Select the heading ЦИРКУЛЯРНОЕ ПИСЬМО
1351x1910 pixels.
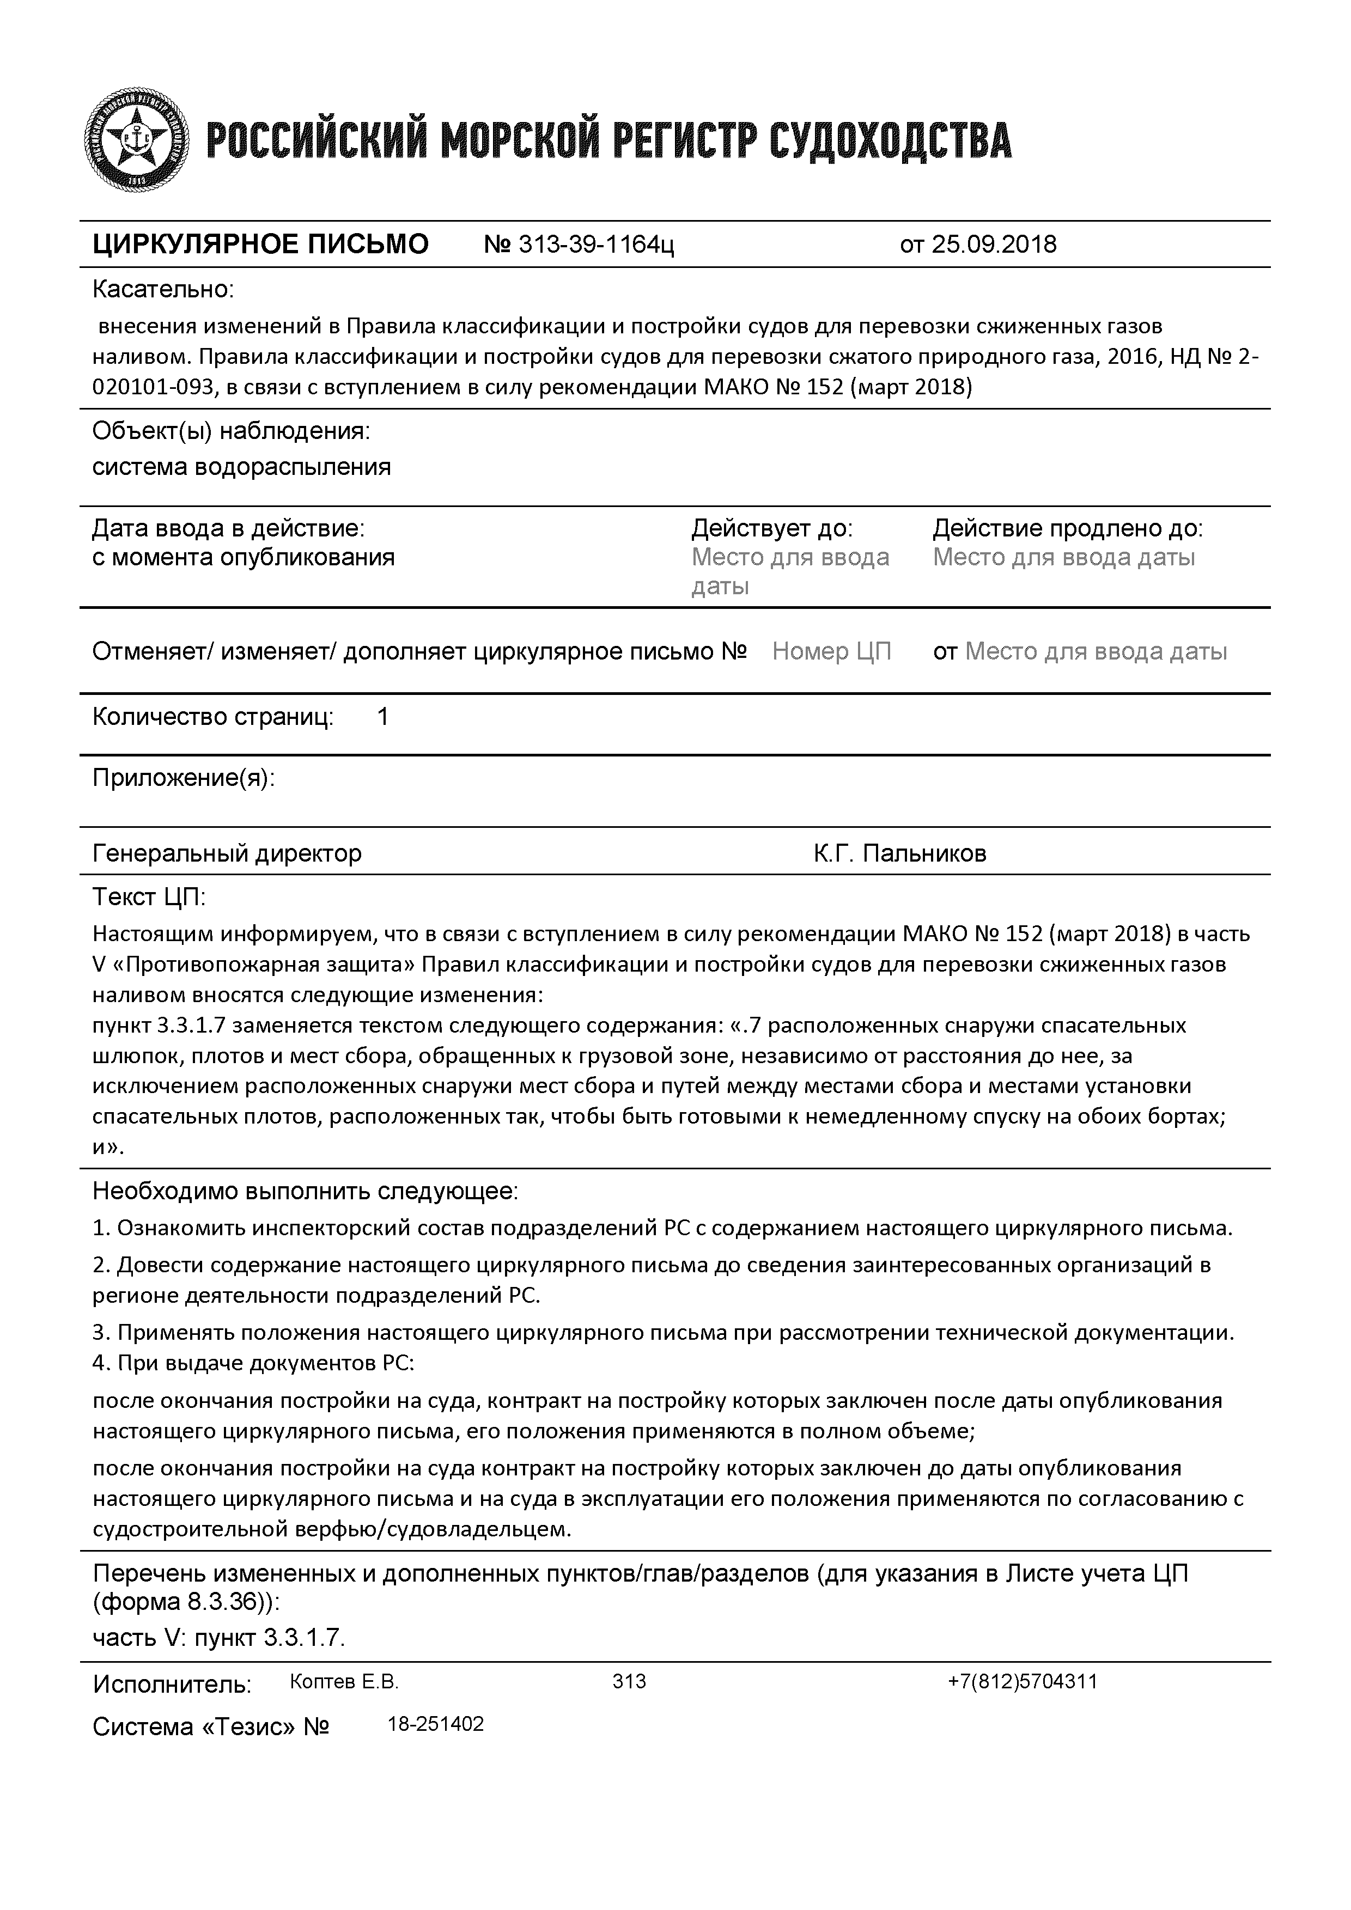click(260, 245)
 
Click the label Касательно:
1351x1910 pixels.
click(163, 290)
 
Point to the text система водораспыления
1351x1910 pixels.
click(241, 467)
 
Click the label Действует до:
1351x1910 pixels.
click(772, 528)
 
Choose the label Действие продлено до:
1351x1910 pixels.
click(1067, 528)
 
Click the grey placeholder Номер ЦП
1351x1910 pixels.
click(831, 651)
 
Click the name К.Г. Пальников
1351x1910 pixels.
click(899, 853)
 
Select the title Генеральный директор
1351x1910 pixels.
click(227, 853)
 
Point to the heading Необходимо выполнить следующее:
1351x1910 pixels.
click(305, 1191)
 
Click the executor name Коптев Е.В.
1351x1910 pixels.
click(344, 1681)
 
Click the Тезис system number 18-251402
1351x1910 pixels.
click(436, 1724)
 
